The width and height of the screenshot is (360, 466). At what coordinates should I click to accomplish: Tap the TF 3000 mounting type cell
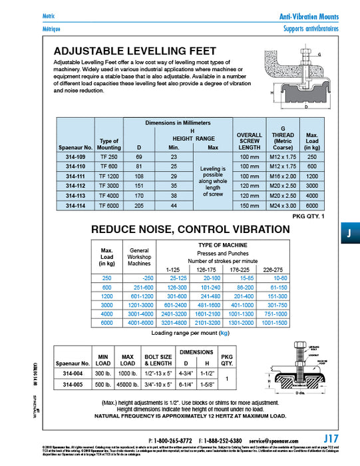tap(108, 186)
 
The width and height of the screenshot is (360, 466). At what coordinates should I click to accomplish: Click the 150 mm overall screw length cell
tap(250, 207)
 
